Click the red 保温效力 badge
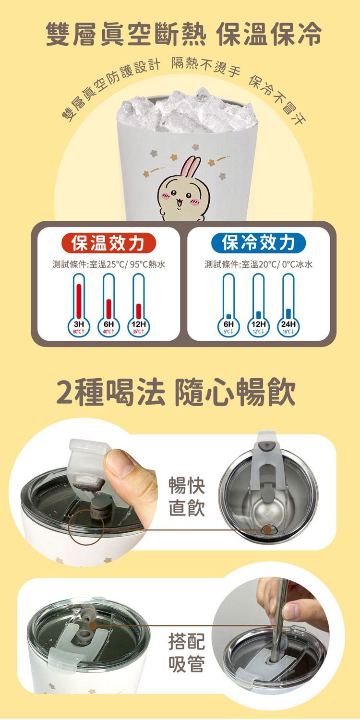108,243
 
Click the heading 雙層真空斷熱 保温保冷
183,35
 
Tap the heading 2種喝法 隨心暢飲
176,393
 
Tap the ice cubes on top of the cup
185,113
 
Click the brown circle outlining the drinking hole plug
86,528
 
